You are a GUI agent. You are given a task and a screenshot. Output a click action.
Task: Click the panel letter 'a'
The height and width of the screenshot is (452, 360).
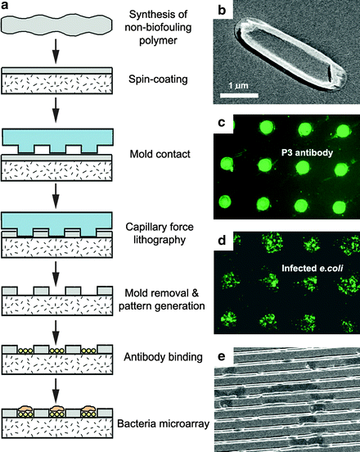click(x=6, y=7)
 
